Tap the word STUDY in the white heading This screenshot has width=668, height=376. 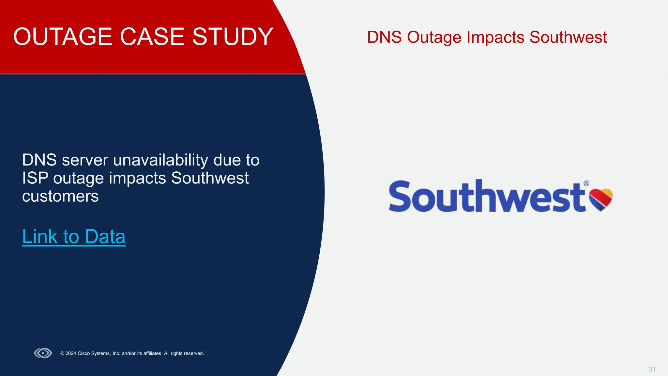click(x=233, y=37)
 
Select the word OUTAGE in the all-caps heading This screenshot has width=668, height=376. click(x=63, y=37)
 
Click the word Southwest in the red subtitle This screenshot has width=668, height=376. click(x=568, y=37)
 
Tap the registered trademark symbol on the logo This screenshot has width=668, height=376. click(x=586, y=183)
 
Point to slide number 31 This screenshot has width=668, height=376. click(x=652, y=369)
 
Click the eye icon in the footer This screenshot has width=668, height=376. click(x=43, y=353)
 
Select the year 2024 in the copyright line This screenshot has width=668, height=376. click(x=71, y=353)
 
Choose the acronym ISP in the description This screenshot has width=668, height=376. click(x=35, y=178)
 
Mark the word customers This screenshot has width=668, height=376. click(x=60, y=196)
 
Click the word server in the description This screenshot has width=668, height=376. click(x=85, y=160)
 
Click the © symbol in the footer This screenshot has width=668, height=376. click(x=62, y=353)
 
